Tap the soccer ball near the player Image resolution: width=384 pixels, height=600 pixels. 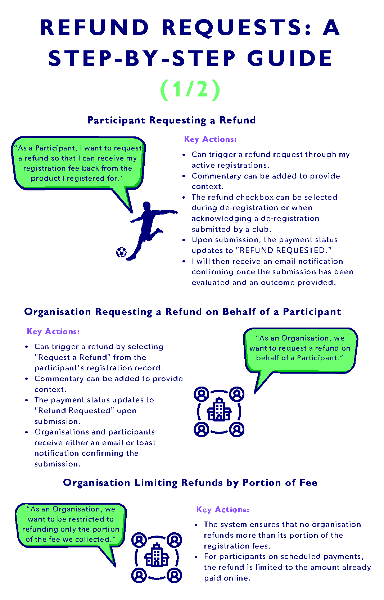[x=121, y=252]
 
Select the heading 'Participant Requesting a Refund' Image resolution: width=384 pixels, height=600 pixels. [x=171, y=120]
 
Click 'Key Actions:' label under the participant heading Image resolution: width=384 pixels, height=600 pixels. [x=210, y=139]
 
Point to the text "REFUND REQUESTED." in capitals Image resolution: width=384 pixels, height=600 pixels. [x=285, y=251]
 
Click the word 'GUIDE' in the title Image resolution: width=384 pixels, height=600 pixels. [x=290, y=59]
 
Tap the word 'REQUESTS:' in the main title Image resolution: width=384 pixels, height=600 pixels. [x=237, y=27]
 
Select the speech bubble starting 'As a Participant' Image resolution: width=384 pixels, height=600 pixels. [x=78, y=163]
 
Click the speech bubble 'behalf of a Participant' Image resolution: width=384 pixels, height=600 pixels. [x=300, y=348]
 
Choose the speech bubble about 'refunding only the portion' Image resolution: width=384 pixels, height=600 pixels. [x=71, y=524]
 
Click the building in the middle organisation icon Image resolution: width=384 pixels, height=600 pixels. [x=219, y=410]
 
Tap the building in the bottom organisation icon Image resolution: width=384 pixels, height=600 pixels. [x=157, y=556]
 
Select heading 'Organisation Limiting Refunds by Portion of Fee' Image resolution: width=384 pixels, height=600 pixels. [x=190, y=483]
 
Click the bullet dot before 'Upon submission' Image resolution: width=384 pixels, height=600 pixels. [x=184, y=240]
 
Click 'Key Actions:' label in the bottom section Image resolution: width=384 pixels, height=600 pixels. [x=222, y=510]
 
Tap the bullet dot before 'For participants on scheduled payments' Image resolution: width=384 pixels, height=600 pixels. [x=196, y=557]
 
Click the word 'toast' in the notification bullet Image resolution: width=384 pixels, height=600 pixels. [x=146, y=443]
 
